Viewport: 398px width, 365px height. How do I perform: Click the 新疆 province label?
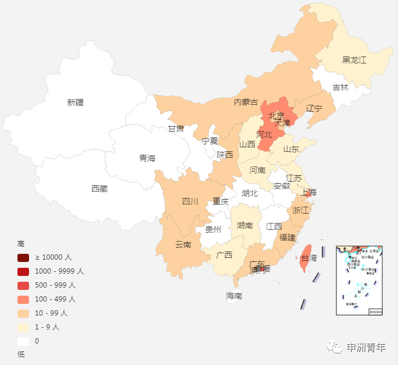click(x=76, y=102)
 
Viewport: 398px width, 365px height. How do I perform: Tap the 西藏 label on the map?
click(x=99, y=189)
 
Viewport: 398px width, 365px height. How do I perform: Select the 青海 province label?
click(x=147, y=158)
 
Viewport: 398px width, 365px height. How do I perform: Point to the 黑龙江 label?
click(x=354, y=60)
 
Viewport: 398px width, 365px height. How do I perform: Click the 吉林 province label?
click(x=340, y=88)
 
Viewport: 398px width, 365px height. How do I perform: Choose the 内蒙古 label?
click(x=246, y=102)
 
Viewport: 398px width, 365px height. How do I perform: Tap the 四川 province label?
click(x=190, y=201)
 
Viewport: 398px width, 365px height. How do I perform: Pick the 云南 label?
click(x=183, y=244)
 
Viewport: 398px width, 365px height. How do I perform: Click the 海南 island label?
click(x=234, y=296)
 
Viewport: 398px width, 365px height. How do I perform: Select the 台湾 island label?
click(x=309, y=258)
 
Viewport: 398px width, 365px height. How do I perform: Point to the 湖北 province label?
click(x=250, y=193)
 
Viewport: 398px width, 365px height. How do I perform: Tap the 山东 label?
click(x=291, y=149)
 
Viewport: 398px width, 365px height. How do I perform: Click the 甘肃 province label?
click(x=176, y=129)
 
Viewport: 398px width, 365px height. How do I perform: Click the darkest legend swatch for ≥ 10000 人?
click(x=23, y=257)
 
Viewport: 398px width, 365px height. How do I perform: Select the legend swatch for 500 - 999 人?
click(x=23, y=285)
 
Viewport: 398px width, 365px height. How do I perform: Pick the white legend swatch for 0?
click(x=23, y=341)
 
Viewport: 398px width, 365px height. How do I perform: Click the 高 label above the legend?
click(x=21, y=244)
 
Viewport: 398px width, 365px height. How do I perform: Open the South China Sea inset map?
click(x=359, y=280)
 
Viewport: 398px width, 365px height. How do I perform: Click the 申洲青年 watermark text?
click(x=366, y=348)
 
